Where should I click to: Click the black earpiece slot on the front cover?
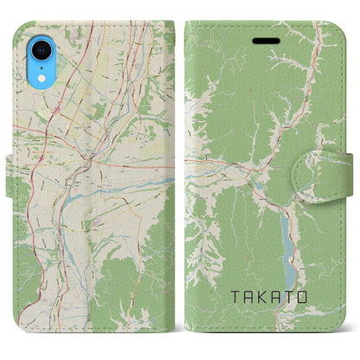(x=260, y=40)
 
